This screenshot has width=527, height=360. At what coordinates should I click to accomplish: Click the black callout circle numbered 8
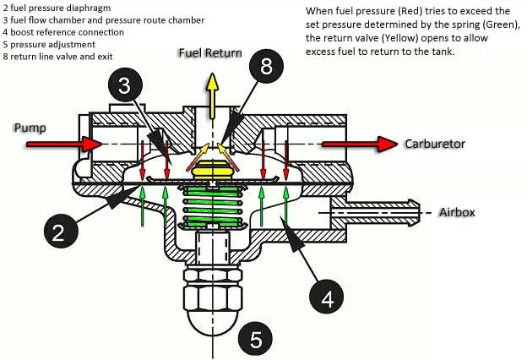(266, 68)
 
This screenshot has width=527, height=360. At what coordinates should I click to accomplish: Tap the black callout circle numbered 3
(123, 85)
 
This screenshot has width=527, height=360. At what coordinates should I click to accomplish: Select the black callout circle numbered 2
(57, 232)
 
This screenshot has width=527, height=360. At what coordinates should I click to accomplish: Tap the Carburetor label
(434, 144)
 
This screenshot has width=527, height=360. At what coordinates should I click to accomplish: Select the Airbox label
(457, 212)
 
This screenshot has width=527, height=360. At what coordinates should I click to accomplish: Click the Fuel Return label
(209, 52)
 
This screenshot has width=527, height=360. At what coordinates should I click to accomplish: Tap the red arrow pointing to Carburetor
(359, 145)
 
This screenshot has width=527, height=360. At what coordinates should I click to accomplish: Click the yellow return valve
(212, 169)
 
